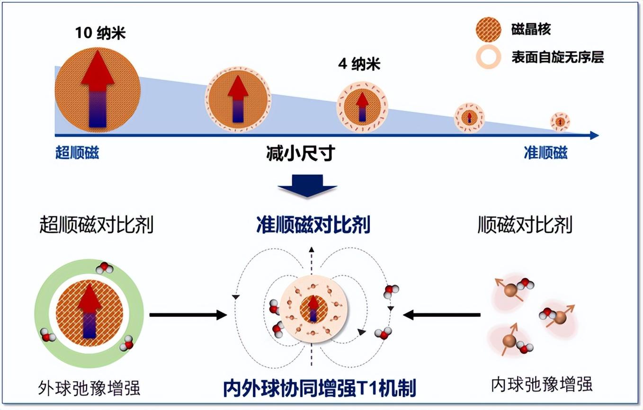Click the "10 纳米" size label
coord(101,34)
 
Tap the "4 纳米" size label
coord(359,64)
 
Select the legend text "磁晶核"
coord(531,29)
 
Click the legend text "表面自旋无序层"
coord(557,57)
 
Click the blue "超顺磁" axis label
coord(77,152)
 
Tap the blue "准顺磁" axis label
coord(545,152)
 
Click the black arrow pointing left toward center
coord(442,314)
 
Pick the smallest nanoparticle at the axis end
coord(560,122)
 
